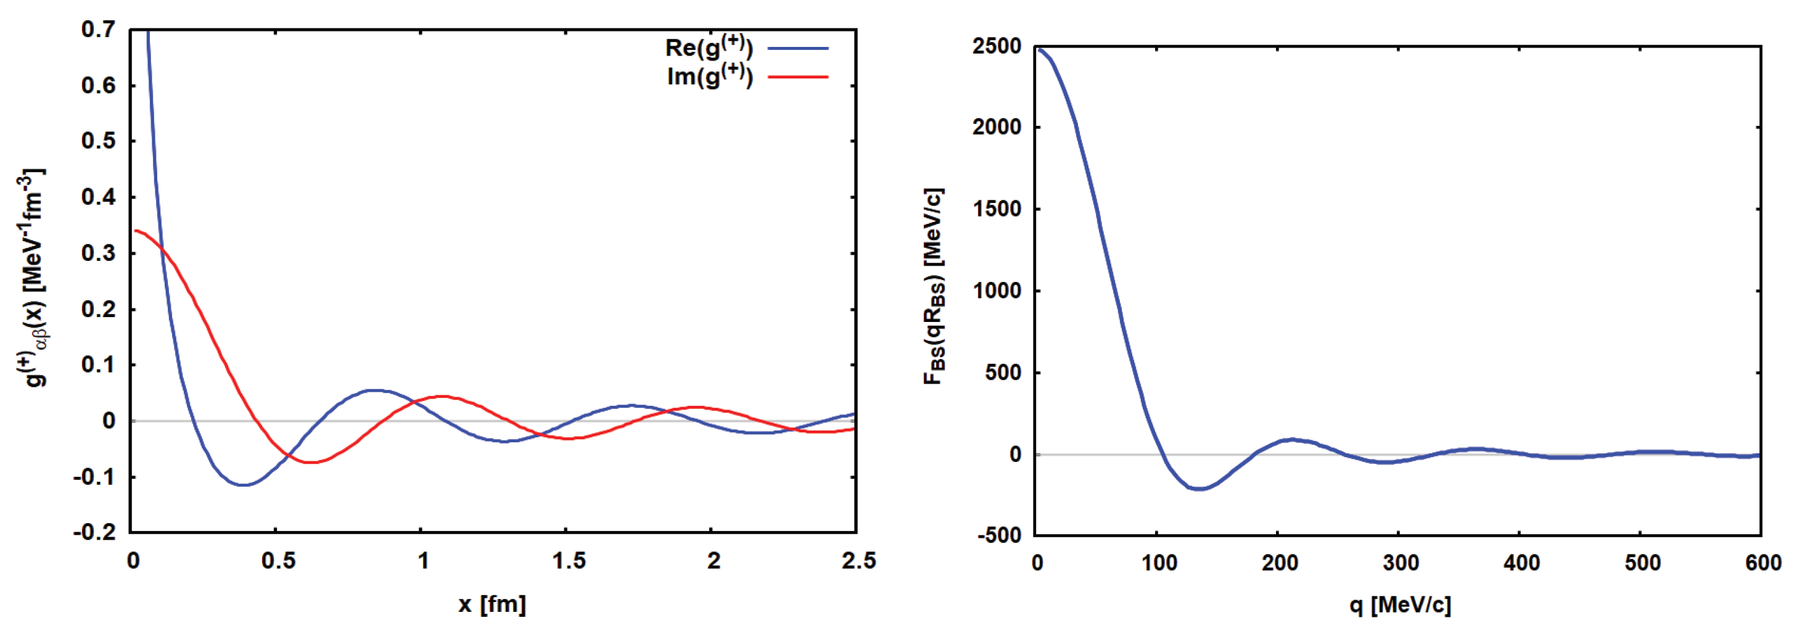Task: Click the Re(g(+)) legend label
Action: click(x=708, y=47)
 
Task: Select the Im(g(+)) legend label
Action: click(x=710, y=76)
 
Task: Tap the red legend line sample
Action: click(x=797, y=77)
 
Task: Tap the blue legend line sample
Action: click(x=797, y=49)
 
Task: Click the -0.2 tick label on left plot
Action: click(x=95, y=532)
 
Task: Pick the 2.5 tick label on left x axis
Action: click(x=858, y=561)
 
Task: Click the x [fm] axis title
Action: click(x=492, y=604)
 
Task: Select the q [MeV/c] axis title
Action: click(x=1400, y=604)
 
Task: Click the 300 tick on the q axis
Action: click(x=1401, y=563)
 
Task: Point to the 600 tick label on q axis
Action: click(x=1763, y=563)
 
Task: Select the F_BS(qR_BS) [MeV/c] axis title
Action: click(x=933, y=286)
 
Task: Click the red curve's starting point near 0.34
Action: click(x=136, y=231)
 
